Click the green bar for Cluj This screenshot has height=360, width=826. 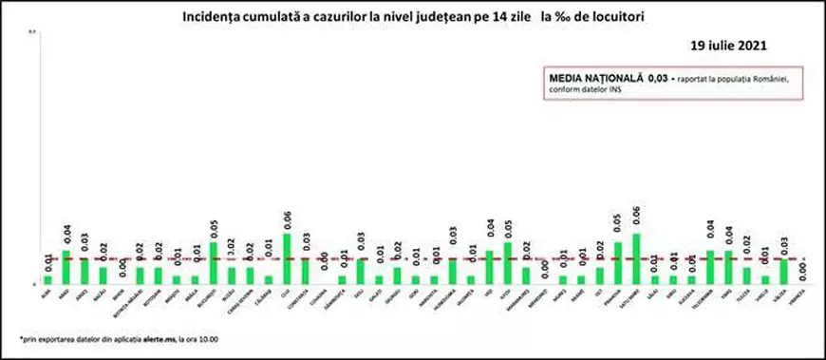coord(288,258)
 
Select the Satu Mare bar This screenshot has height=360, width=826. coord(635,258)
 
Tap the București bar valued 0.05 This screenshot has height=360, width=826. coord(214,263)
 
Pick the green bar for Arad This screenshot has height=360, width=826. coord(66,267)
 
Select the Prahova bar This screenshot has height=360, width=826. coord(617,263)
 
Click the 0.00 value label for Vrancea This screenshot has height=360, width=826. coord(802,270)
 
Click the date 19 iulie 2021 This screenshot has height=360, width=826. coord(727,46)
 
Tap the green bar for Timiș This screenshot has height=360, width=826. coord(727,267)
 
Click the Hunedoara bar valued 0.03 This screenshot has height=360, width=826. coord(452,272)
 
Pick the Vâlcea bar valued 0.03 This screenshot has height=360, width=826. coord(782,272)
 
